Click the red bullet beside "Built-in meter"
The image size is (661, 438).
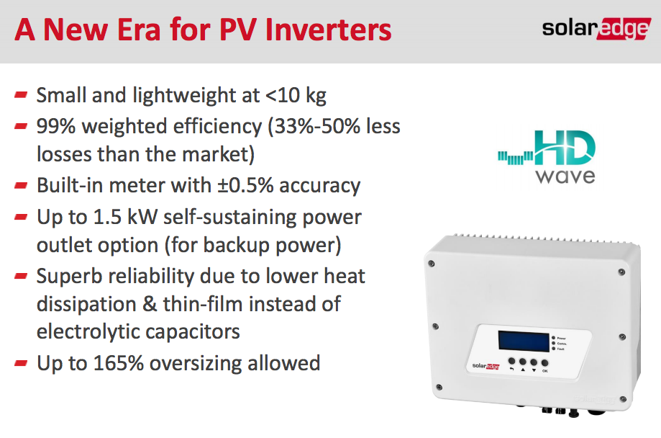(21, 184)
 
